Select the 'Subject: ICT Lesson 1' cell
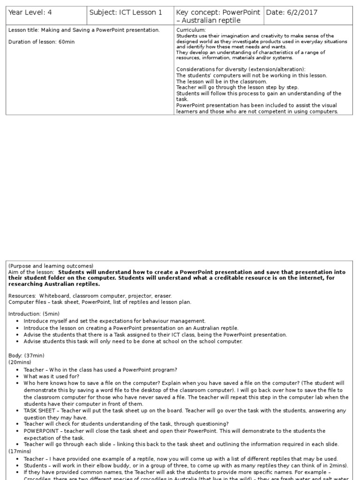[x=126, y=13]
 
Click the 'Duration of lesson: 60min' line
[x=42, y=42]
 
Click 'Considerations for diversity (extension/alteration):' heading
[x=240, y=69]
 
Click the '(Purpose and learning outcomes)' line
[x=51, y=266]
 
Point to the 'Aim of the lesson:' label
[x=31, y=272]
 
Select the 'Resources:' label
[x=22, y=296]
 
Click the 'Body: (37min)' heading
[x=27, y=356]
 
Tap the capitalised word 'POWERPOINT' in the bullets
[x=41, y=431]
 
